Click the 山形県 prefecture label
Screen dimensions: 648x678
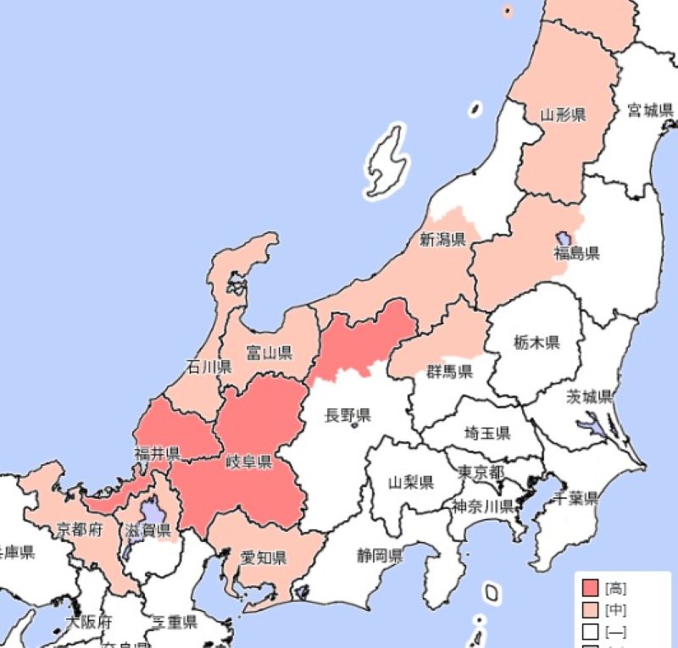(x=564, y=114)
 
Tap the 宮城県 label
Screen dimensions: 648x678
(x=649, y=110)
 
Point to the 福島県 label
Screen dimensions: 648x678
(x=577, y=252)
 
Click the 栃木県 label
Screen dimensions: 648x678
(x=536, y=342)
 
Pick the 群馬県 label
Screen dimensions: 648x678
(x=449, y=371)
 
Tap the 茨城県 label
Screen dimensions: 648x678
(x=590, y=397)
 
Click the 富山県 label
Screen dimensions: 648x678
(x=269, y=351)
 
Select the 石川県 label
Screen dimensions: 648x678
(x=208, y=368)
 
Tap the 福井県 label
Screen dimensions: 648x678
(x=156, y=453)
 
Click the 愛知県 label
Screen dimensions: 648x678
(x=263, y=557)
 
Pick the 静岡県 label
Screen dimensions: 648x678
(x=379, y=557)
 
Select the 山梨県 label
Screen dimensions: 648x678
(x=411, y=483)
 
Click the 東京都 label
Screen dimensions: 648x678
(x=481, y=472)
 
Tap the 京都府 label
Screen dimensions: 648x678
(x=80, y=529)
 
